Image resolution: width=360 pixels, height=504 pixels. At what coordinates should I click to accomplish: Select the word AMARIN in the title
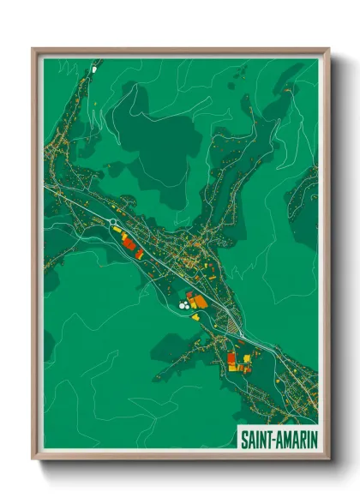293,438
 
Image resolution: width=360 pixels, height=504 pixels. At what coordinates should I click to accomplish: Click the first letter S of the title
243,438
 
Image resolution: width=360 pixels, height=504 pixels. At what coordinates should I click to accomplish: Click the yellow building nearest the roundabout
117,230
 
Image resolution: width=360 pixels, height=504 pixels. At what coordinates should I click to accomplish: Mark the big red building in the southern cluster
231,358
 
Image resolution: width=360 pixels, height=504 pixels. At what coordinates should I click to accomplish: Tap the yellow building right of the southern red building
243,357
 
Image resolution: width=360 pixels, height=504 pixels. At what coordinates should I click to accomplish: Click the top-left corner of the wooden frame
33,50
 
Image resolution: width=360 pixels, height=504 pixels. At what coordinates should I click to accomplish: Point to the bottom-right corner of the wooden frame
329,459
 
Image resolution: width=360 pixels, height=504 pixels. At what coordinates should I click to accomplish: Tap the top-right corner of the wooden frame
329,50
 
